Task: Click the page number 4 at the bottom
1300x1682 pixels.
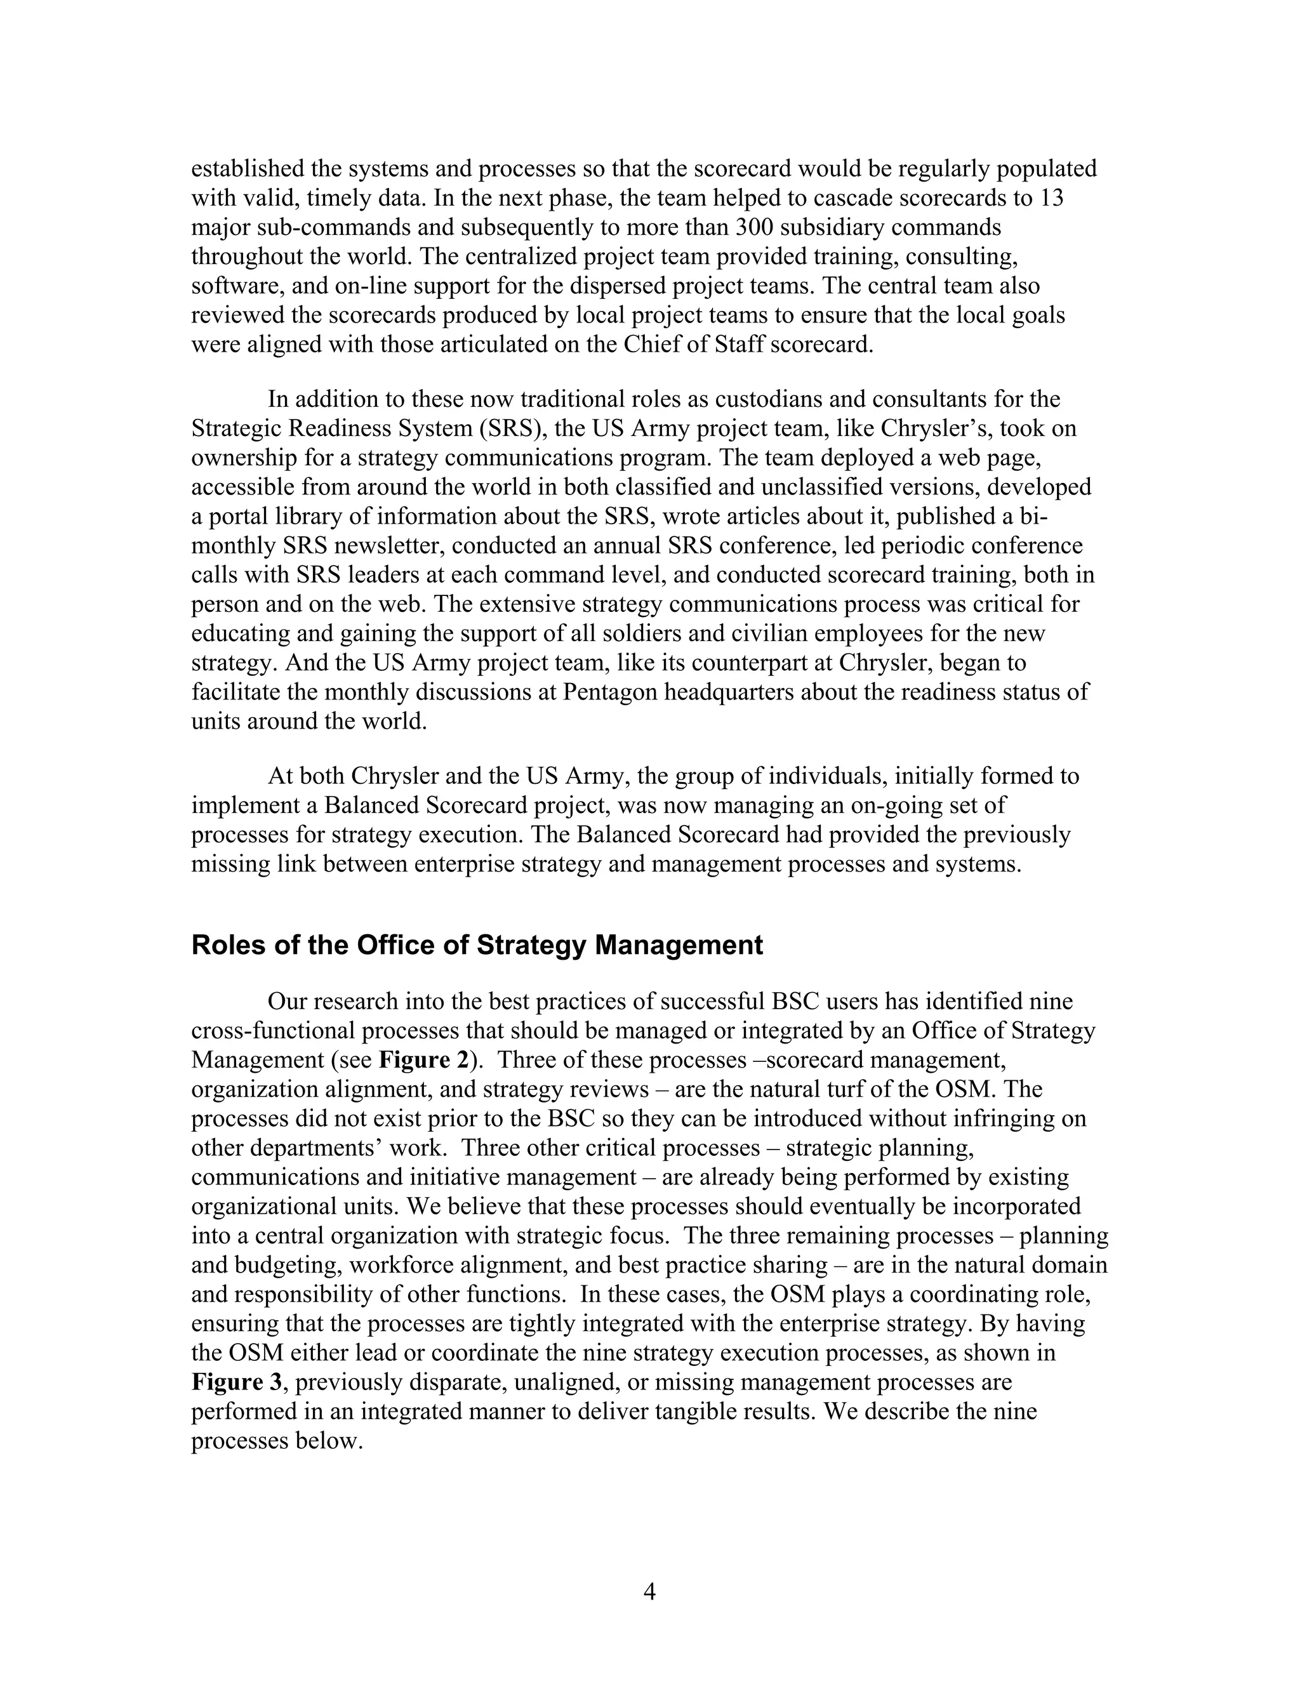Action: click(x=649, y=1591)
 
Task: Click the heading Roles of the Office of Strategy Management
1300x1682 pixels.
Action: click(x=477, y=945)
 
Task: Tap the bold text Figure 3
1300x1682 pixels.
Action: click(x=238, y=1382)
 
